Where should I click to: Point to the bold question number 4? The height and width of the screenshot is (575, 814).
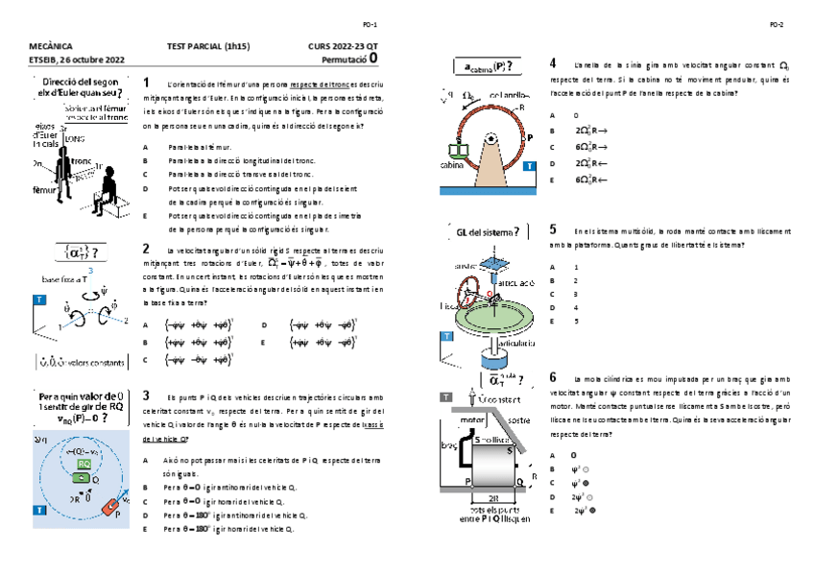tap(553, 63)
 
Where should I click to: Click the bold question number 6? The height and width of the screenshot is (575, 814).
tap(553, 377)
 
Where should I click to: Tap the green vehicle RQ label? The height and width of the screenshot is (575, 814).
tap(84, 464)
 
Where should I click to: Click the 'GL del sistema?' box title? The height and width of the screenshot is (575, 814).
tap(488, 230)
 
